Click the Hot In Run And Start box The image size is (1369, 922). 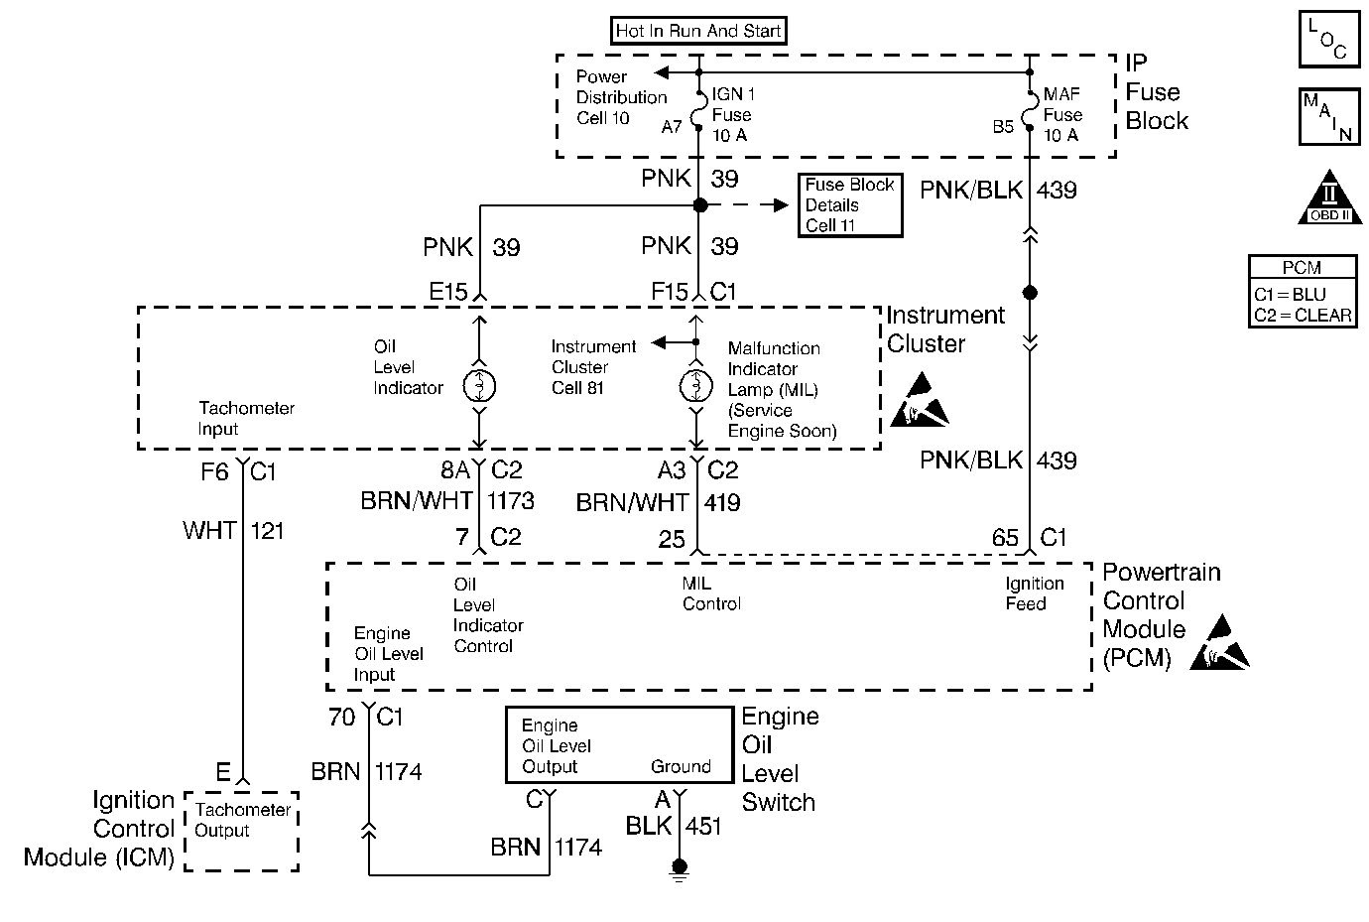click(698, 31)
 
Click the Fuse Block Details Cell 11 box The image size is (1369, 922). click(850, 205)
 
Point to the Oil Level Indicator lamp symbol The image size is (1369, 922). click(479, 386)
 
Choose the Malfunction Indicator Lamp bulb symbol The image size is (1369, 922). click(697, 386)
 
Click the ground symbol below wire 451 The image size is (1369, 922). click(680, 869)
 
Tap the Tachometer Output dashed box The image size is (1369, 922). click(241, 832)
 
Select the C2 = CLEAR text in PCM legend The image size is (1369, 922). click(1302, 316)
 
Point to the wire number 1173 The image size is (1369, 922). click(511, 501)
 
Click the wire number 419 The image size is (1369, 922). click(722, 503)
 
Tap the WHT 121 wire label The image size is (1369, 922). click(234, 531)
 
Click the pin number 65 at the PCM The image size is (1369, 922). click(1005, 538)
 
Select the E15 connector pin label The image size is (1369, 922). click(447, 292)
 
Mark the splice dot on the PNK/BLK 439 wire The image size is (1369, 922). click(1030, 293)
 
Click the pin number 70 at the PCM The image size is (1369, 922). click(341, 717)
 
